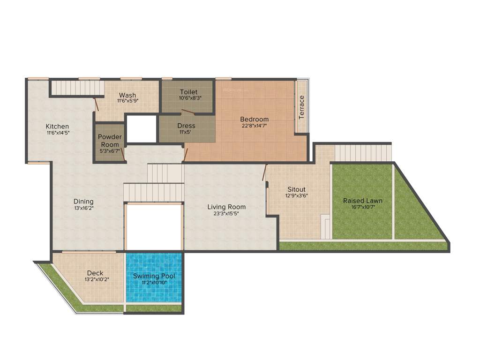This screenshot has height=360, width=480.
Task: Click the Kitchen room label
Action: point(57,126)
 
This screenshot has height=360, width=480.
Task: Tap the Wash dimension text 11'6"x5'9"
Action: point(127,101)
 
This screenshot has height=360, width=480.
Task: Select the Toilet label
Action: point(188,92)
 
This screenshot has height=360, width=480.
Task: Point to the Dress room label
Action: point(186,126)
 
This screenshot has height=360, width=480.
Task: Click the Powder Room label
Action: point(110,141)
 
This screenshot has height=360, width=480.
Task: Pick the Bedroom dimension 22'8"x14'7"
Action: point(255,126)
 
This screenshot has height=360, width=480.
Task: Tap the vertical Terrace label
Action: point(302,107)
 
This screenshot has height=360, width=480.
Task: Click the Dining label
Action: point(83,202)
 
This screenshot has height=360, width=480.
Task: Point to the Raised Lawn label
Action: point(362,201)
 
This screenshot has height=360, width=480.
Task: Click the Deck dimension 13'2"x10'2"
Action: point(95,279)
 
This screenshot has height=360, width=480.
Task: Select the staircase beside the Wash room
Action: point(76,87)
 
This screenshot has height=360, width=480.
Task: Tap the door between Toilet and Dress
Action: point(188,112)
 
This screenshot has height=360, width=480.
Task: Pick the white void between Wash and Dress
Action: point(142,128)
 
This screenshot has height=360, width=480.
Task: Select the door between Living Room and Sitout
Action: point(265,172)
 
